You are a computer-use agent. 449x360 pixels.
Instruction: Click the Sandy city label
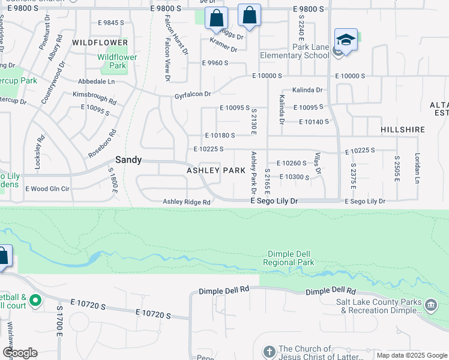[128, 160]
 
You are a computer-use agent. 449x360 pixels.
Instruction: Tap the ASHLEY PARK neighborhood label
[215, 170]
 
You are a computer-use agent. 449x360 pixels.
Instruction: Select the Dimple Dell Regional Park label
[289, 258]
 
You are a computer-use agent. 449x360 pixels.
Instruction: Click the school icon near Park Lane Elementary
[346, 40]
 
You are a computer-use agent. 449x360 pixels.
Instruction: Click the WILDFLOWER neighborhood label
[100, 43]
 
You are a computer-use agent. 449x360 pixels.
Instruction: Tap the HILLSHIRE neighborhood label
[403, 130]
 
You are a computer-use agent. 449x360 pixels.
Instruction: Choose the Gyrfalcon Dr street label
[193, 94]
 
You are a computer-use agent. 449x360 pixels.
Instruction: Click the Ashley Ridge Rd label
[187, 202]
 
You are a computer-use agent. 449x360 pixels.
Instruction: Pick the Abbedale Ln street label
[96, 81]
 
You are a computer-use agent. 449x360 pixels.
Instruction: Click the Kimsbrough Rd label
[94, 98]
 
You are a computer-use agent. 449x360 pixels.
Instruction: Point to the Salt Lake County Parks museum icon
[431, 306]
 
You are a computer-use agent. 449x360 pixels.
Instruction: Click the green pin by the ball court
[35, 300]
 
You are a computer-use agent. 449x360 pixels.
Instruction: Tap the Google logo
[19, 353]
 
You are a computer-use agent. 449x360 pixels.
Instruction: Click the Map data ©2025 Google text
[411, 355]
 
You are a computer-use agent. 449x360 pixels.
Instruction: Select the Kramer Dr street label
[223, 44]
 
